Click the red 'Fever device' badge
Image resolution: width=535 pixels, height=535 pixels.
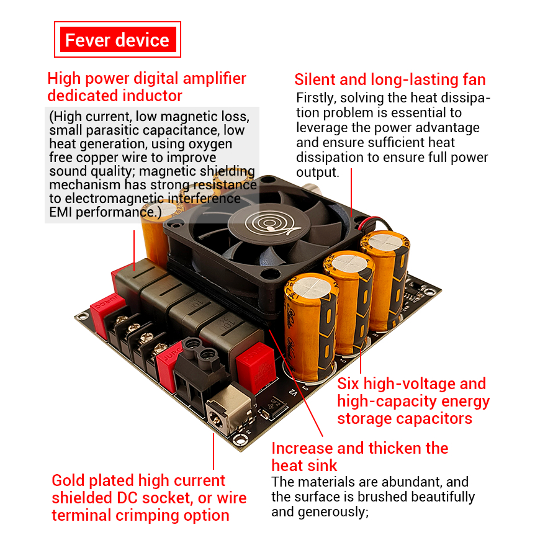tap(117, 40)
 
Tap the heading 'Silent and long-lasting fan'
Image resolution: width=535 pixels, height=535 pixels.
tap(390, 79)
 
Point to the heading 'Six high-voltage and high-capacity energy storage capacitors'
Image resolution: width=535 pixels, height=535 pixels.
tap(413, 401)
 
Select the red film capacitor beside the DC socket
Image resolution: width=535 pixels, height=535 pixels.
tap(256, 367)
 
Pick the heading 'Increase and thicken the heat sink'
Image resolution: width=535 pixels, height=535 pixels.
tap(359, 457)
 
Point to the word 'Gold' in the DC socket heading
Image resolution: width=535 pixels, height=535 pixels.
tap(68, 480)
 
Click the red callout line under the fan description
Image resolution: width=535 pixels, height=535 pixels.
tap(351, 192)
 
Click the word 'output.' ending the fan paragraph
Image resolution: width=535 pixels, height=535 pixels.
tap(318, 173)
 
